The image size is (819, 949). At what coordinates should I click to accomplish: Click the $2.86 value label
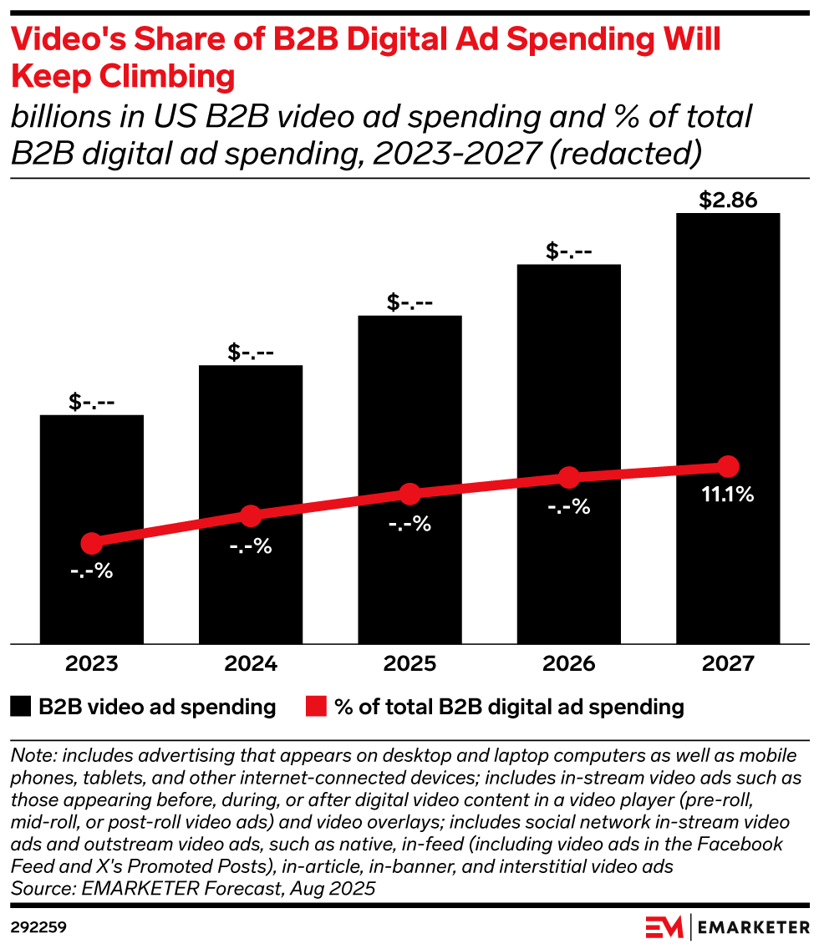click(728, 200)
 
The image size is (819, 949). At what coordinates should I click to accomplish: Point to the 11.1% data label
click(728, 495)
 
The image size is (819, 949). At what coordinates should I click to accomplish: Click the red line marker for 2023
click(92, 544)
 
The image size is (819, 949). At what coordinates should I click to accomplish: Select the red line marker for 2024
click(251, 516)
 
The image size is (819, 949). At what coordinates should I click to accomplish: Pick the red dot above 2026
click(569, 478)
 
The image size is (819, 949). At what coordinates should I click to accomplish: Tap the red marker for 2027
click(728, 466)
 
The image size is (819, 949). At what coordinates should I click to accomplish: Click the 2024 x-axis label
click(251, 665)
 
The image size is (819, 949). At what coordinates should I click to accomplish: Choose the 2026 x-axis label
click(569, 665)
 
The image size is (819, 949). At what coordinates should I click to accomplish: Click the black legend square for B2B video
click(21, 708)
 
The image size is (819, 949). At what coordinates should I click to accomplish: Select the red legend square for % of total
click(314, 708)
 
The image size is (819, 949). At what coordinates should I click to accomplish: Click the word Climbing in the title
click(179, 76)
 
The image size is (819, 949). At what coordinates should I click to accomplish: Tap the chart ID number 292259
click(38, 927)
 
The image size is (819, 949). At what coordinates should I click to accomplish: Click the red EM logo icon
click(665, 927)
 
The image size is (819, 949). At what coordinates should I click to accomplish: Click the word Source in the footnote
click(38, 889)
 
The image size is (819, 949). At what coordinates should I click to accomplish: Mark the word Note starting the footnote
click(31, 755)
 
